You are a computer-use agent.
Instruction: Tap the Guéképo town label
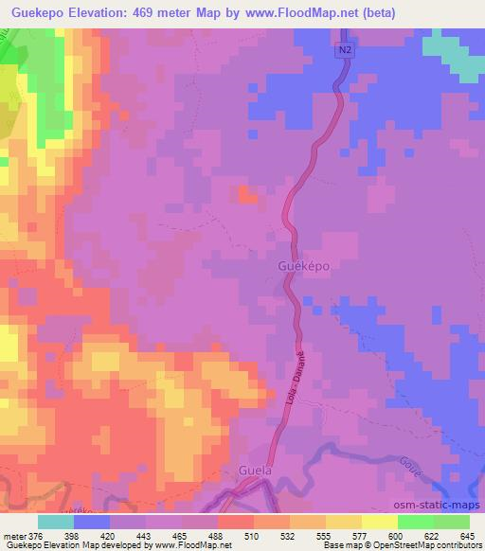[304, 266]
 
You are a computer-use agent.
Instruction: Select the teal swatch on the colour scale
[57, 522]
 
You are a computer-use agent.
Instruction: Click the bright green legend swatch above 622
[416, 522]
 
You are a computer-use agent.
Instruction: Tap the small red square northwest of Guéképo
[247, 195]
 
